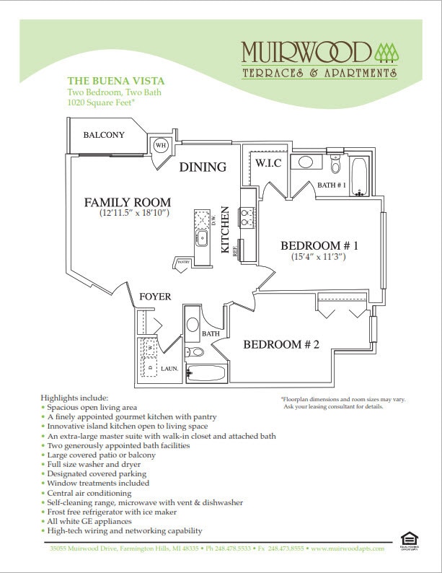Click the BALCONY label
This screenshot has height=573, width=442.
pyautogui.click(x=103, y=135)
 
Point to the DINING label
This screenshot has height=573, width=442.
pyautogui.click(x=203, y=167)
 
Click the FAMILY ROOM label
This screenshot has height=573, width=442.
pyautogui.click(x=127, y=202)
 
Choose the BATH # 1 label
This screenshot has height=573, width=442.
pyautogui.click(x=332, y=185)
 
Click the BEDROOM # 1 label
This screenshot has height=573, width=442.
pyautogui.click(x=319, y=245)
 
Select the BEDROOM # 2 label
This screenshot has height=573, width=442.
pyautogui.click(x=280, y=344)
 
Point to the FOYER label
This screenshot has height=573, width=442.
pyautogui.click(x=155, y=297)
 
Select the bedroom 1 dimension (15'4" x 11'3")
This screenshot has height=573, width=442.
pyautogui.click(x=318, y=257)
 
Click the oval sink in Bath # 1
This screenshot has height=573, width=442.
pyautogui.click(x=306, y=161)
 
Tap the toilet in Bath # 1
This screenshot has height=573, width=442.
pyautogui.click(x=335, y=165)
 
